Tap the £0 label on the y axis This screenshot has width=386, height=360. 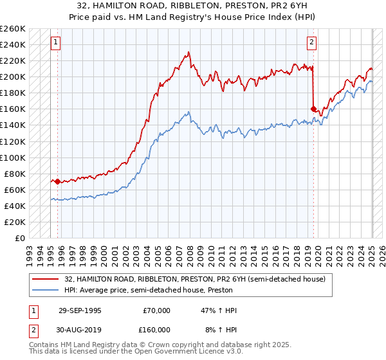[x=19, y=238]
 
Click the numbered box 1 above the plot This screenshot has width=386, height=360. [x=55, y=43]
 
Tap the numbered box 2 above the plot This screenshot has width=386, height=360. [x=311, y=43]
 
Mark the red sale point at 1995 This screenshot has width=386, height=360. [x=58, y=181]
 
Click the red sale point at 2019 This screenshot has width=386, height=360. [x=313, y=109]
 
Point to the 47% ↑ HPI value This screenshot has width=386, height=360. [x=219, y=310]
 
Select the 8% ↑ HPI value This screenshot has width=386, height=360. [x=221, y=330]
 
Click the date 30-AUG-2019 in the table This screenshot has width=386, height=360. [x=78, y=330]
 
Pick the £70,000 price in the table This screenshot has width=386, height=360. [x=156, y=310]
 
